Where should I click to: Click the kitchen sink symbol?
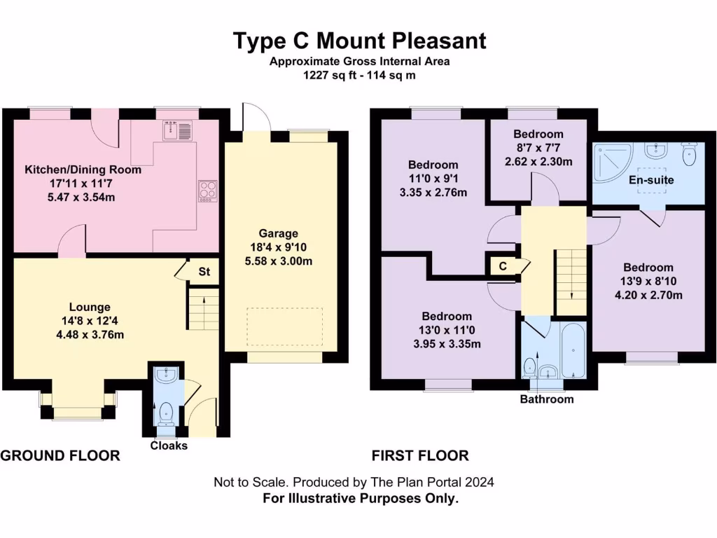[177, 130]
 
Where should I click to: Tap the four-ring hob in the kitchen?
[208, 191]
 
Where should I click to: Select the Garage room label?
[279, 233]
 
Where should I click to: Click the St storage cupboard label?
[204, 271]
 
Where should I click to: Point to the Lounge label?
[90, 307]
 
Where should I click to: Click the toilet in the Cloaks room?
[166, 413]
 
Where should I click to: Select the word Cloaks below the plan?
[169, 446]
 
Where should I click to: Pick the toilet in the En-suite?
[690, 155]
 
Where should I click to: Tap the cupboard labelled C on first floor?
[503, 266]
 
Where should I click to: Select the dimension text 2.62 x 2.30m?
[538, 161]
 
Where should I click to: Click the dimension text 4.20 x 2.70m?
[648, 295]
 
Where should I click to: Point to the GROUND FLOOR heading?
[60, 456]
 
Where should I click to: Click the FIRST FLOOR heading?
[420, 456]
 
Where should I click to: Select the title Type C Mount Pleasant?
[359, 41]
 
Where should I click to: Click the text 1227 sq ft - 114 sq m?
[359, 75]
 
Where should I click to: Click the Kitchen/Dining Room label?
[83, 170]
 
